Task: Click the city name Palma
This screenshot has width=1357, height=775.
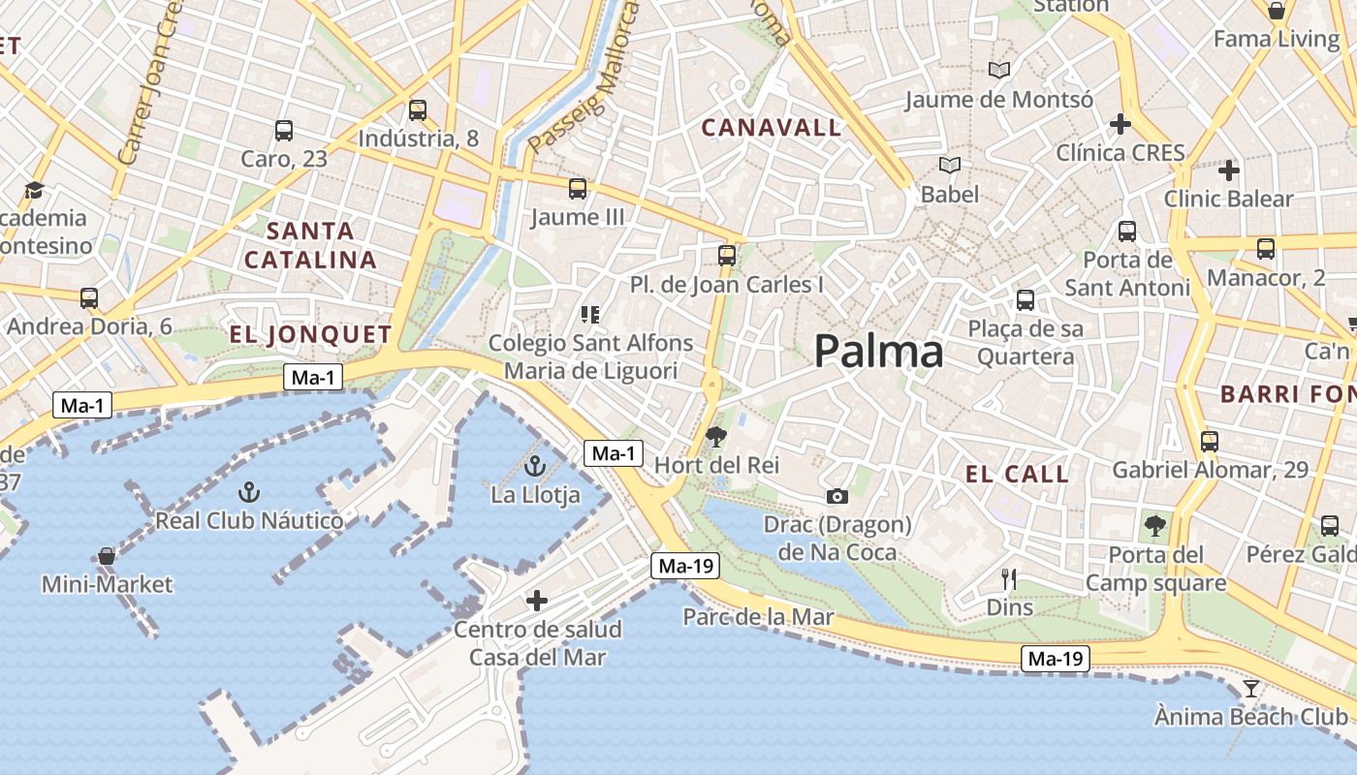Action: click(878, 351)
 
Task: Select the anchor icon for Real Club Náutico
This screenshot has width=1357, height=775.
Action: click(249, 492)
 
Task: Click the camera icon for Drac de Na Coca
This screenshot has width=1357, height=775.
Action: click(837, 497)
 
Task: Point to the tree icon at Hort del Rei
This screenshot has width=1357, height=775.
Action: click(716, 437)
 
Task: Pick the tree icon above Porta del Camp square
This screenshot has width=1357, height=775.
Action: click(1154, 526)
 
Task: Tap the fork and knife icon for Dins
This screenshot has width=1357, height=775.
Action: click(1009, 579)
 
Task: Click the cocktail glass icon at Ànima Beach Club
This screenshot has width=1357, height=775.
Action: click(1251, 689)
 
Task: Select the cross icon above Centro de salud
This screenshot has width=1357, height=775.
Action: click(537, 601)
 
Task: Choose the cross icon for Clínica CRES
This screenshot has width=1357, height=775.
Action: click(1120, 124)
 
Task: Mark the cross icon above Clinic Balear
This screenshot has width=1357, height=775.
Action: click(1229, 170)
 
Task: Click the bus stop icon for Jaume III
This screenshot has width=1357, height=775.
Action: click(578, 188)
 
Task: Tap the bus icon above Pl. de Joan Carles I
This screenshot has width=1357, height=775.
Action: click(727, 256)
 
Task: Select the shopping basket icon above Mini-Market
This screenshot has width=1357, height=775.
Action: click(107, 556)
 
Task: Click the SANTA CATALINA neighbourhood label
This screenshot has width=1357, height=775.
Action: click(310, 245)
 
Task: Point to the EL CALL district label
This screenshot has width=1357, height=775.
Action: click(1017, 474)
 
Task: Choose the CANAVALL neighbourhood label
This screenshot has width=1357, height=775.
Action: click(771, 127)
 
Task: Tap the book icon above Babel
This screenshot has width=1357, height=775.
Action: click(950, 166)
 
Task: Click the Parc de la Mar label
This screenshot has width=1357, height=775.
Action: click(758, 616)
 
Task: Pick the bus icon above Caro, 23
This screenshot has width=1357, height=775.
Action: click(284, 130)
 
